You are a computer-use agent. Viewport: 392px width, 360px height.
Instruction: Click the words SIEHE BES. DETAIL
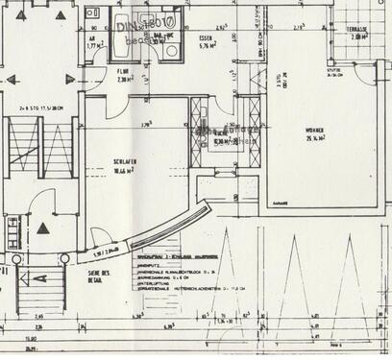(x=85, y=276)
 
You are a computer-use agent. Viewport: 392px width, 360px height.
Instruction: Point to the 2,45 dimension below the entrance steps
(x=38, y=316)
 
